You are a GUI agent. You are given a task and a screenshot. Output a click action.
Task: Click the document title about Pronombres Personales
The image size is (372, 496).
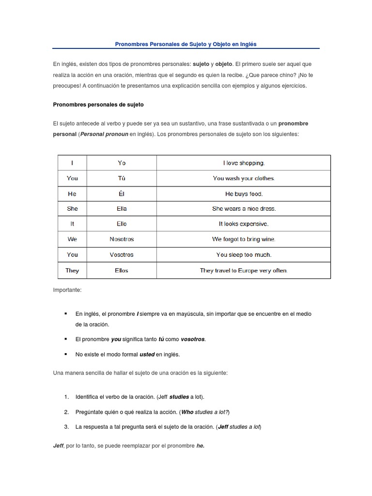point(186,44)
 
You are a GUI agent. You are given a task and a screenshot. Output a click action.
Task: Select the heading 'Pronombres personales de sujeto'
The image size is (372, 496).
point(98,105)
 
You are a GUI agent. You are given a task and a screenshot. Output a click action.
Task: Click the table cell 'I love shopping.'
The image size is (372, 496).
point(244,163)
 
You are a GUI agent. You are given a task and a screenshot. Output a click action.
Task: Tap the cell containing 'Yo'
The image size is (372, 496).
point(122,163)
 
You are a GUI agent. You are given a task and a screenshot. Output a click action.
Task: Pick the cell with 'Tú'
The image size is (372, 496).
point(122,178)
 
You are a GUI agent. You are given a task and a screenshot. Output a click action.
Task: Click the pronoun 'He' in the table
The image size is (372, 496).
point(72,194)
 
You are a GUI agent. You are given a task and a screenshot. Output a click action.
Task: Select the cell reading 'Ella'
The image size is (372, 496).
point(122,209)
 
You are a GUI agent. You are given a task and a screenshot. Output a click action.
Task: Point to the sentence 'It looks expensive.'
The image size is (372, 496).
point(244,224)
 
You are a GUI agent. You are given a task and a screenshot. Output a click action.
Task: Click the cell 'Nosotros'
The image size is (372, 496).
point(122,239)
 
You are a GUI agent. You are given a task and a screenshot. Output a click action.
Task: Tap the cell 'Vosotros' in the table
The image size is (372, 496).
point(122,255)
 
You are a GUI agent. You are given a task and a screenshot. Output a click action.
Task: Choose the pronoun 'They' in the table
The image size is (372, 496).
point(72,270)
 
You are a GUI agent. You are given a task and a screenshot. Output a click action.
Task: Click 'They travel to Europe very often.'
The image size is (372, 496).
point(244,270)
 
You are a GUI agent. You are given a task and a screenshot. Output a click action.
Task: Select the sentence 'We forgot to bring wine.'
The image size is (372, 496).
point(244,239)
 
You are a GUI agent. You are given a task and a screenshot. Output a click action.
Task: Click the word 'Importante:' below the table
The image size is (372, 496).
point(67,290)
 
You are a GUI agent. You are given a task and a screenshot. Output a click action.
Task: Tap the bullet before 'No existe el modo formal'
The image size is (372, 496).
point(65,354)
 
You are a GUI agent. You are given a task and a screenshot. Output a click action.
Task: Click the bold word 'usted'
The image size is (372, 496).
point(147,355)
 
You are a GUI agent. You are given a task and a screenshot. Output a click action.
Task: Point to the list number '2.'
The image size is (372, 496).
point(66,412)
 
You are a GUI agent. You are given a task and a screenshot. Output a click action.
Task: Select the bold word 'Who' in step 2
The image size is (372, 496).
point(187,412)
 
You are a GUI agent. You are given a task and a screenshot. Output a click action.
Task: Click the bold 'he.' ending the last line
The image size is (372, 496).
point(201,446)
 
